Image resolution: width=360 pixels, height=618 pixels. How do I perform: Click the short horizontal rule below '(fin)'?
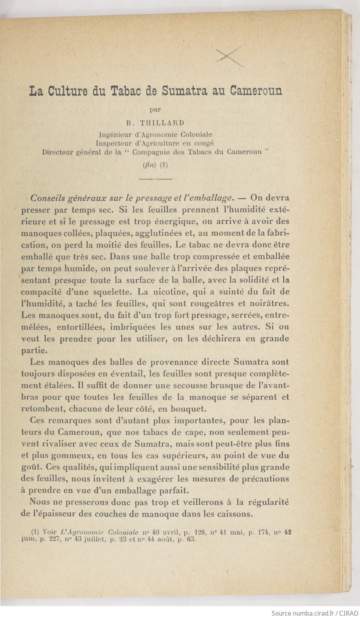click(x=156, y=180)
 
